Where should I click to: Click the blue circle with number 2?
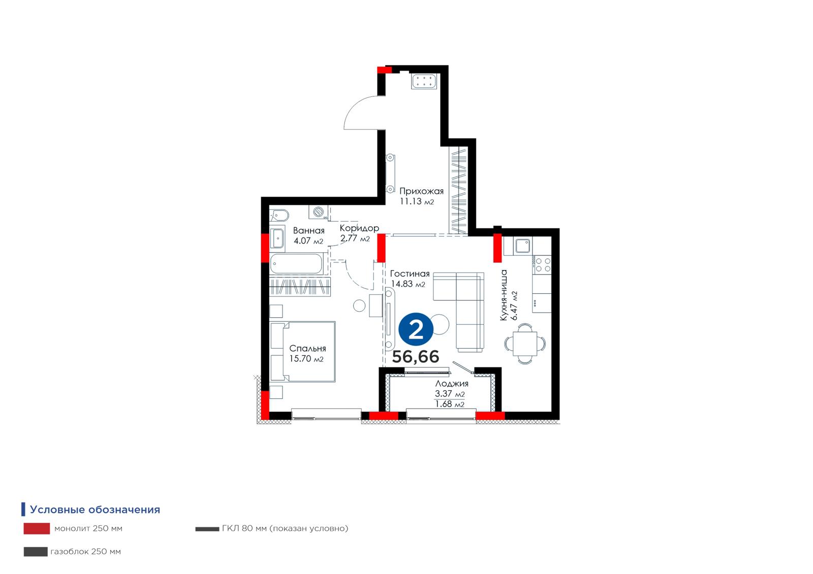pyautogui.click(x=416, y=329)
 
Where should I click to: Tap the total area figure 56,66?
pyautogui.click(x=416, y=357)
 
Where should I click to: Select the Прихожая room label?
pyautogui.click(x=421, y=191)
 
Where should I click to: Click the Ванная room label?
pyautogui.click(x=308, y=230)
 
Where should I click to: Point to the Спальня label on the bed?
pyautogui.click(x=307, y=349)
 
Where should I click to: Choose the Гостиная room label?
pyautogui.click(x=410, y=274)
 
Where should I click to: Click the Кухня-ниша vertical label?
pyautogui.click(x=504, y=295)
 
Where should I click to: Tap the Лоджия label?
pyautogui.click(x=452, y=384)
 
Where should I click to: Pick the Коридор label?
pyautogui.click(x=359, y=228)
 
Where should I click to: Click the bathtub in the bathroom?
pyautogui.click(x=296, y=263)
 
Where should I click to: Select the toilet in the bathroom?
pyautogui.click(x=279, y=216)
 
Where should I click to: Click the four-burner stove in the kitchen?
pyautogui.click(x=542, y=265)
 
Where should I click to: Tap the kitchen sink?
pyautogui.click(x=523, y=246)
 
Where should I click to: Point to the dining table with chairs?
pyautogui.click(x=525, y=344)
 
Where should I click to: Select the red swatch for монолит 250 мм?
pyautogui.click(x=37, y=528)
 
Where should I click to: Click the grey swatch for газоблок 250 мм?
pyautogui.click(x=36, y=552)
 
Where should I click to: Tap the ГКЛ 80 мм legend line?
pyautogui.click(x=207, y=529)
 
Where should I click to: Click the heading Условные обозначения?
pyautogui.click(x=95, y=510)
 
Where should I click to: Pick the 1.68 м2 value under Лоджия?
pyautogui.click(x=450, y=404)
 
